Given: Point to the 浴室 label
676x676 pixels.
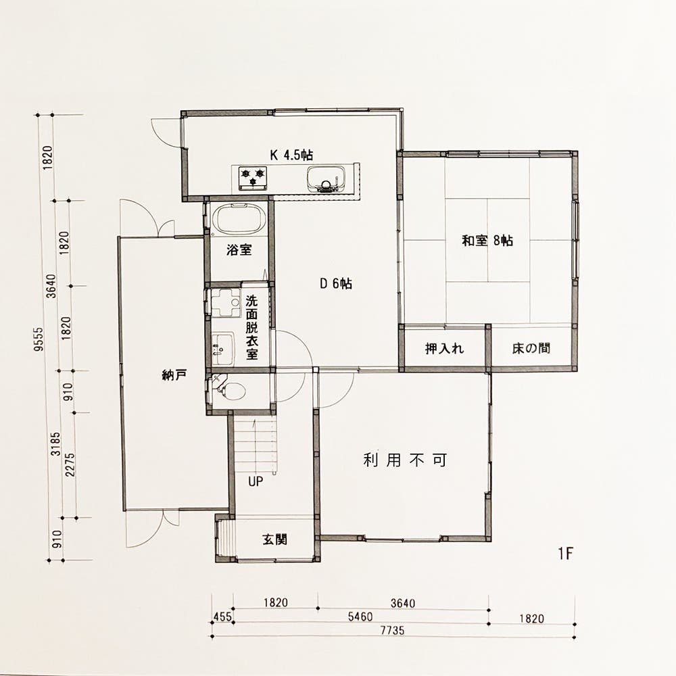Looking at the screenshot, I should pyautogui.click(x=239, y=250).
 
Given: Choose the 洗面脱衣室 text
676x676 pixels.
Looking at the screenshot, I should pyautogui.click(x=251, y=327).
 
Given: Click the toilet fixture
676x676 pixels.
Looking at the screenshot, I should pyautogui.click(x=230, y=390).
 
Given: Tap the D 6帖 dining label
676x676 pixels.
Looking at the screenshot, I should pyautogui.click(x=336, y=284).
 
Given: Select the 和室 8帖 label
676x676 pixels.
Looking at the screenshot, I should pyautogui.click(x=487, y=241).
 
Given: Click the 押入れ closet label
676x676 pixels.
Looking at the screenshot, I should pyautogui.click(x=444, y=349).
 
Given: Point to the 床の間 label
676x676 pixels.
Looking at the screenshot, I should pyautogui.click(x=531, y=349).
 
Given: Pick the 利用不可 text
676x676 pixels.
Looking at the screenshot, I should pyautogui.click(x=405, y=461).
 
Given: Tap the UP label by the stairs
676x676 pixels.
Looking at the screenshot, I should pyautogui.click(x=255, y=483).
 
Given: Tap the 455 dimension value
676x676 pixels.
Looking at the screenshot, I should pyautogui.click(x=222, y=618).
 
